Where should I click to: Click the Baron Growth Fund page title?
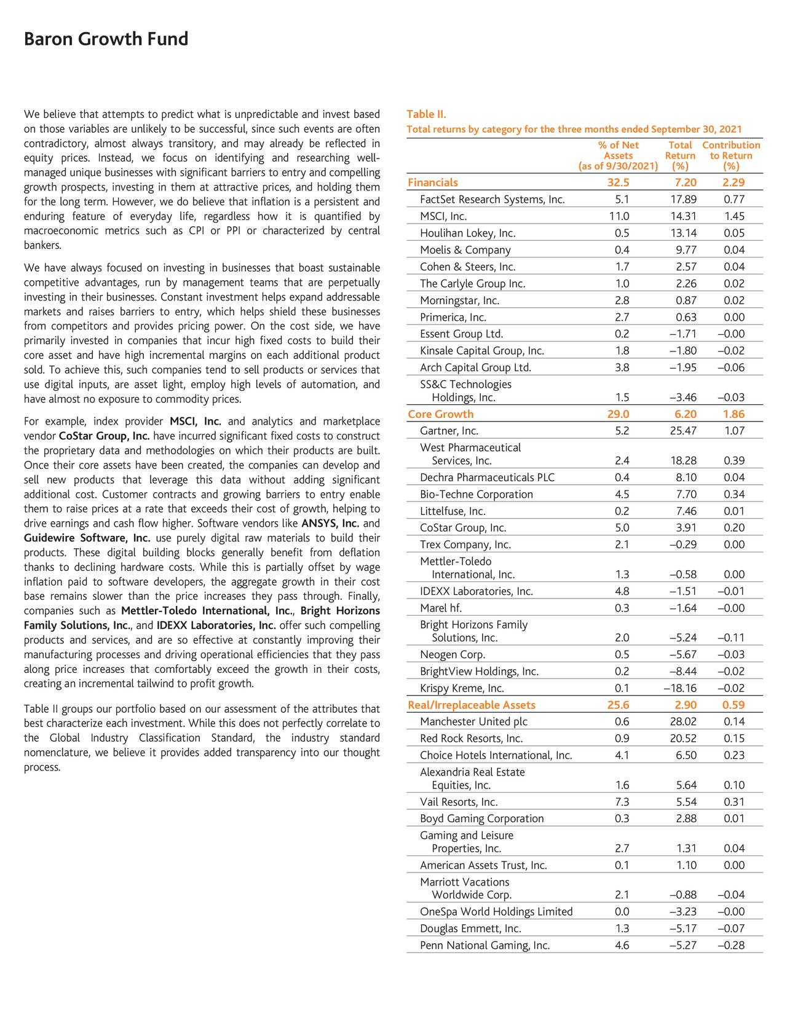[x=106, y=39]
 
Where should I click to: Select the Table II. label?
[x=426, y=114]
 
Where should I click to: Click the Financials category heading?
[x=433, y=183]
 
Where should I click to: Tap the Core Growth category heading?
[x=441, y=414]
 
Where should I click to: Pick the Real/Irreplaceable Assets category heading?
[x=472, y=705]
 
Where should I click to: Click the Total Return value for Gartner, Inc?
[x=683, y=431]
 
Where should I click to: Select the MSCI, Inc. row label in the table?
[x=443, y=216]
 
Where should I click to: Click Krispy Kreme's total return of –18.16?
[x=680, y=688]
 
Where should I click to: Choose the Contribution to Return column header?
[x=731, y=155]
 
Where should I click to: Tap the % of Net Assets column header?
[x=618, y=155]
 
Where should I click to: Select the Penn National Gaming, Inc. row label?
[x=484, y=945]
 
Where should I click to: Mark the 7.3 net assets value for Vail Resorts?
[x=622, y=801]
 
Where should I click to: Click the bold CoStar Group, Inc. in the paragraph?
[x=104, y=436]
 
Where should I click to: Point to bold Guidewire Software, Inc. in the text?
[x=87, y=538]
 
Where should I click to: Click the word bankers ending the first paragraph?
[x=42, y=246]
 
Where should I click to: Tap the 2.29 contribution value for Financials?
[x=734, y=183]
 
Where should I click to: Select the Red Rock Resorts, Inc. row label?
[x=471, y=739]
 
